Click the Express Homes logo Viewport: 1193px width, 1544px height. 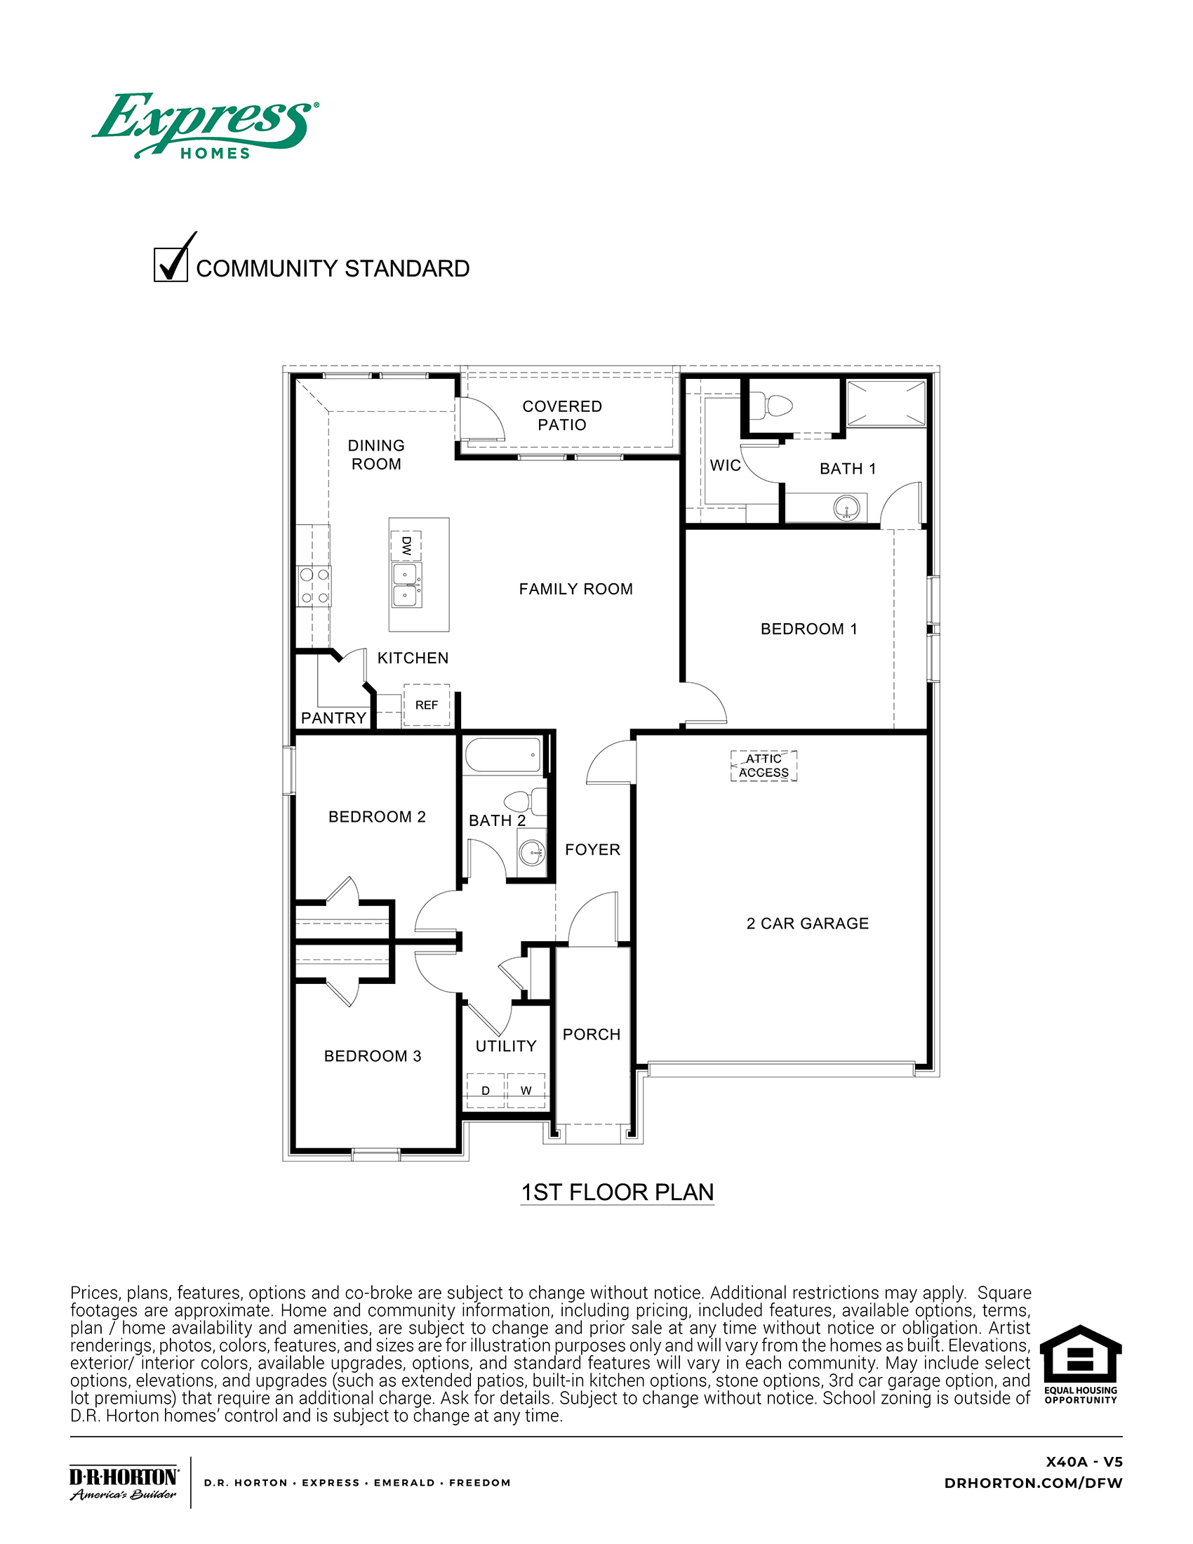click(x=205, y=126)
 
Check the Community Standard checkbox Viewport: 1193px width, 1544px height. click(x=171, y=265)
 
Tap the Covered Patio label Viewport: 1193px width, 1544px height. click(x=562, y=415)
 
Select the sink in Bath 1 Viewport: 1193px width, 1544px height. click(x=846, y=507)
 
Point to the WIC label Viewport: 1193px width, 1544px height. click(x=725, y=465)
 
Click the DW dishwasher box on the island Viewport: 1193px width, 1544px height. click(x=406, y=546)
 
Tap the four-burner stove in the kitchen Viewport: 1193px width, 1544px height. click(x=314, y=586)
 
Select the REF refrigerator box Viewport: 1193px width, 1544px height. click(x=426, y=705)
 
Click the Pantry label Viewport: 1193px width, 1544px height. click(x=333, y=717)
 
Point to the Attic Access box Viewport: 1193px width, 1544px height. click(x=764, y=766)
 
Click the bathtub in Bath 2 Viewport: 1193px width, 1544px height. click(x=503, y=756)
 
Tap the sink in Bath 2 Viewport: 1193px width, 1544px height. click(x=532, y=853)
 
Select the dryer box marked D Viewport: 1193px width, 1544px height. click(x=486, y=1090)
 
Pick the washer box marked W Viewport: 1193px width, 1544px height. click(x=526, y=1090)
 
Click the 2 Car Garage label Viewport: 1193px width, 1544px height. click(x=807, y=924)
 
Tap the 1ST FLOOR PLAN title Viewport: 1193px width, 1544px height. click(x=617, y=1192)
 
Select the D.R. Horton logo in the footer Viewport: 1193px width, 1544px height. click(x=124, y=1482)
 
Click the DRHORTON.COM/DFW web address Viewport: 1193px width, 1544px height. click(x=1032, y=1483)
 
